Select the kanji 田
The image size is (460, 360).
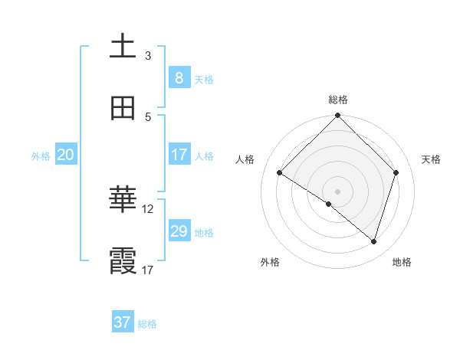point(123,108)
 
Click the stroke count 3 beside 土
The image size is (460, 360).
point(148,56)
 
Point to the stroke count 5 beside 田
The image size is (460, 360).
point(148,116)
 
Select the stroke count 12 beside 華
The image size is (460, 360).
point(148,208)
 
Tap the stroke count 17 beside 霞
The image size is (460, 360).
point(148,270)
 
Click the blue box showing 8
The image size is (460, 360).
point(179,78)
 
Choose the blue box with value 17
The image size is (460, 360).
point(179,155)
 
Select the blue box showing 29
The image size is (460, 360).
point(179,231)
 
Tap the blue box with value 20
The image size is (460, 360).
point(65,155)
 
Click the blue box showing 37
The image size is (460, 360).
point(122,322)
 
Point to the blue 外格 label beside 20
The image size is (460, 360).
point(41,156)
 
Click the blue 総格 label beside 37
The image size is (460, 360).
point(147,324)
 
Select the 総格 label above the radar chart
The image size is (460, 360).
point(338,100)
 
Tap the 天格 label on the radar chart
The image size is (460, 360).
point(432,159)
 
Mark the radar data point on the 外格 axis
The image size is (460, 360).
point(328,205)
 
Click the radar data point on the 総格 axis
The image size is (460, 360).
point(338,116)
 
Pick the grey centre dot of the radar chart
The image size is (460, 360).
point(338,191)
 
